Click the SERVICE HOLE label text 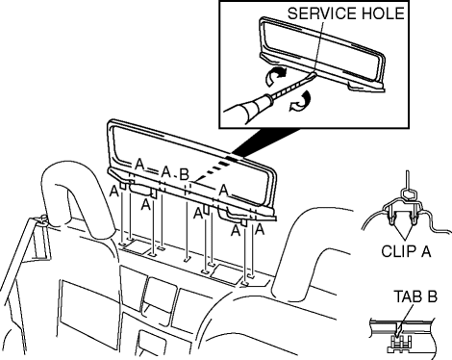345,13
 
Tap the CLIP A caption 406,251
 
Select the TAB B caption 415,296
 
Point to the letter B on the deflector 184,174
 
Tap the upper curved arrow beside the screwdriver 276,76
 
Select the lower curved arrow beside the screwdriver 300,101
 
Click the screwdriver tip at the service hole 314,74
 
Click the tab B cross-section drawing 403,337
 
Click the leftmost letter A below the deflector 114,192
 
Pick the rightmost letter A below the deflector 260,229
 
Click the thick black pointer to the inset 266,143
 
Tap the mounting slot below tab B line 187,259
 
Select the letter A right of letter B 223,191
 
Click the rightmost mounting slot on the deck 252,275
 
